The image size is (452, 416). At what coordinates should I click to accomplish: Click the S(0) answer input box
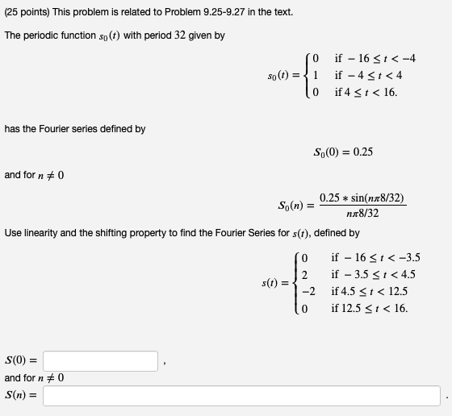(x=100, y=360)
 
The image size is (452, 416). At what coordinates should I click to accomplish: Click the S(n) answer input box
(x=242, y=396)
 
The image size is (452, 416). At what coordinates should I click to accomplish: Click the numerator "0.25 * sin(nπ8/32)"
(x=362, y=198)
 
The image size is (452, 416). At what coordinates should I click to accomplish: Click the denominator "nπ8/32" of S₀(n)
(x=362, y=214)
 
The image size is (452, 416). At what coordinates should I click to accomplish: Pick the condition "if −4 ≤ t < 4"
(x=368, y=75)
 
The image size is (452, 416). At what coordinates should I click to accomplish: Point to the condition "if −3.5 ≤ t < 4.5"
(x=373, y=275)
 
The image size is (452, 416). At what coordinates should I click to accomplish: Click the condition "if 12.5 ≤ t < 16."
(x=370, y=308)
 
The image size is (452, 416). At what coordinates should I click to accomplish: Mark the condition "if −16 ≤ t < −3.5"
(x=375, y=258)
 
